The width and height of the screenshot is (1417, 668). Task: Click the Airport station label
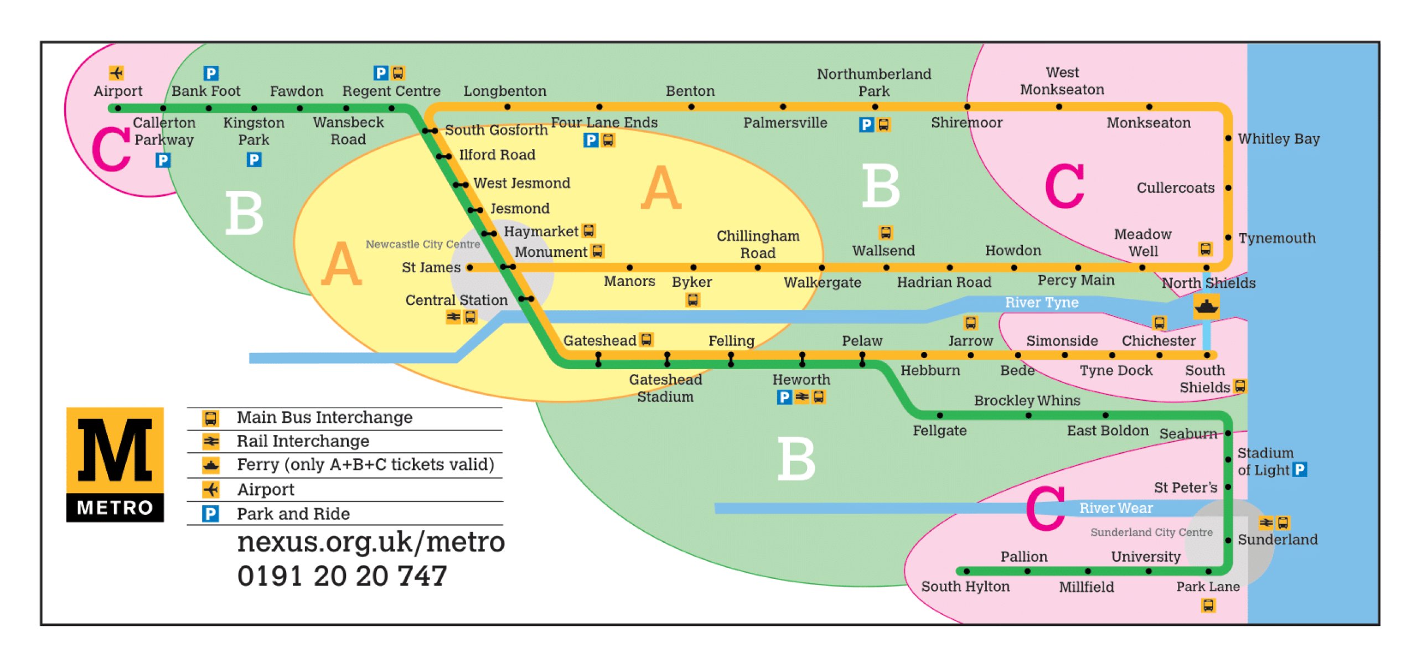coord(118,91)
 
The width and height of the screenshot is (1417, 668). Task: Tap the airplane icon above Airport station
coord(116,73)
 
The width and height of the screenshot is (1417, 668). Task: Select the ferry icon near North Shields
coord(1206,306)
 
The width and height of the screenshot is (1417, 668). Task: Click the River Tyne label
coord(1042,302)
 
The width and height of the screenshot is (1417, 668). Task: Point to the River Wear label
coord(1116,508)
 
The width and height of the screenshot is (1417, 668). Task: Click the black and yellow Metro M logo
coord(115,464)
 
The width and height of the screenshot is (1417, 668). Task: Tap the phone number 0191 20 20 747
coord(342,576)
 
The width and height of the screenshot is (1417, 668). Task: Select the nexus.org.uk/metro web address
coord(371,542)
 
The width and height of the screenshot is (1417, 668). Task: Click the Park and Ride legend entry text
coord(293,514)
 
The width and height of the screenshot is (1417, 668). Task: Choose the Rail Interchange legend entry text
coord(303,441)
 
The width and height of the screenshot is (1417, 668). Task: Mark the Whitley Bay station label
coord(1279,139)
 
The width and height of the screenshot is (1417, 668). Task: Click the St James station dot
coord(470,268)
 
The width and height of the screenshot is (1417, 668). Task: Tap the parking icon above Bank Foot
coord(211,73)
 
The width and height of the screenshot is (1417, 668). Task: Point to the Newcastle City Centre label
coord(423,244)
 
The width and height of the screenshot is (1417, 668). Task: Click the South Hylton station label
coord(965,587)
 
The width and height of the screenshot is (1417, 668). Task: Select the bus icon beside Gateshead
coord(646,339)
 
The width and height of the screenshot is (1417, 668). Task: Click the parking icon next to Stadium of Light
coord(1301,470)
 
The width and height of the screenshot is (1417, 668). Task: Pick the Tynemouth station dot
coord(1228,237)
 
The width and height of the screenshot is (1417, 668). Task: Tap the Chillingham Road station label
coord(758,245)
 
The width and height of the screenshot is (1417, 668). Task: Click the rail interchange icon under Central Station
coord(453,317)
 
